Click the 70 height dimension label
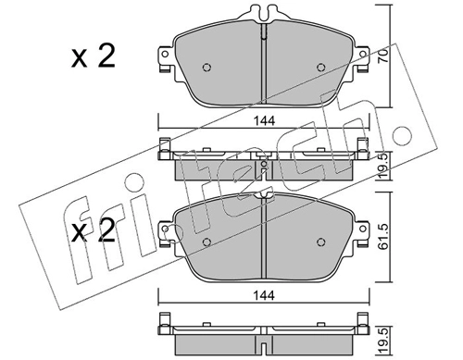[x=383, y=56]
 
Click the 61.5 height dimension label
[x=383, y=236]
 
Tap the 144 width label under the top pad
[x=264, y=120]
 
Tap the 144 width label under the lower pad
[x=264, y=295]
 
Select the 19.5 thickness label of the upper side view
[x=383, y=166]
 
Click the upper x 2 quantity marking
[x=94, y=56]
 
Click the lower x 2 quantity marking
[x=94, y=231]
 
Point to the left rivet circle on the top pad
[x=206, y=68]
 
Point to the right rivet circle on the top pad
[x=321, y=68]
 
